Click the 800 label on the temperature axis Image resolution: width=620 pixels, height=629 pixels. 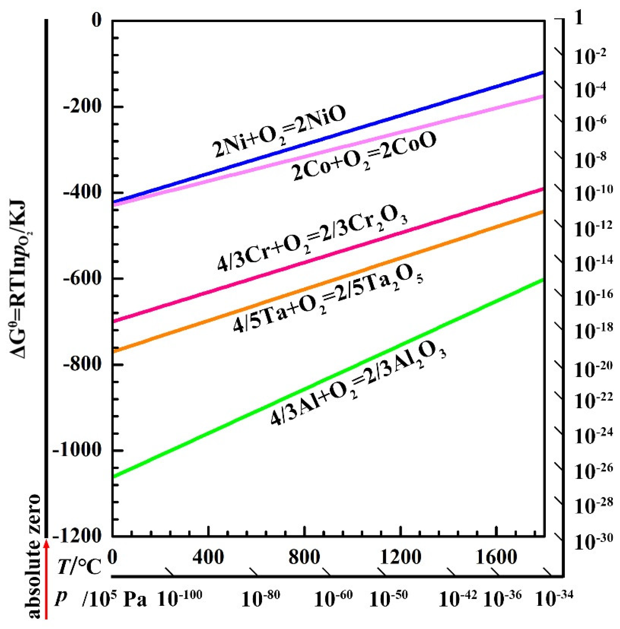point(304,557)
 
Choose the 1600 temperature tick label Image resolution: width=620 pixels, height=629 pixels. point(496,557)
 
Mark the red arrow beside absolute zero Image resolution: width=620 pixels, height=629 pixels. point(46,582)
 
